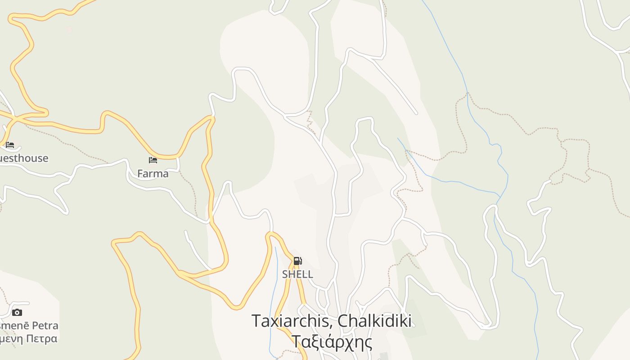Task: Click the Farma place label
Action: coord(153,174)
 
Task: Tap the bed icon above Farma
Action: coord(153,160)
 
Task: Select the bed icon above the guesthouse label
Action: coord(10,145)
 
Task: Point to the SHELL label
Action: coord(297,274)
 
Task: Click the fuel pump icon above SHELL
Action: coord(297,261)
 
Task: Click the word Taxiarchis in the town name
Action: coord(292,321)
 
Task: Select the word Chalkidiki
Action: coord(374,321)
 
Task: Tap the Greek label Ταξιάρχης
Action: coord(332,342)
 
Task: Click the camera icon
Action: coord(17,312)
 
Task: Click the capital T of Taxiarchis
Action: coord(256,321)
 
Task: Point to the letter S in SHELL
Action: coord(285,274)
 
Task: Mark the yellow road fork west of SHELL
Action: coord(180,274)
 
